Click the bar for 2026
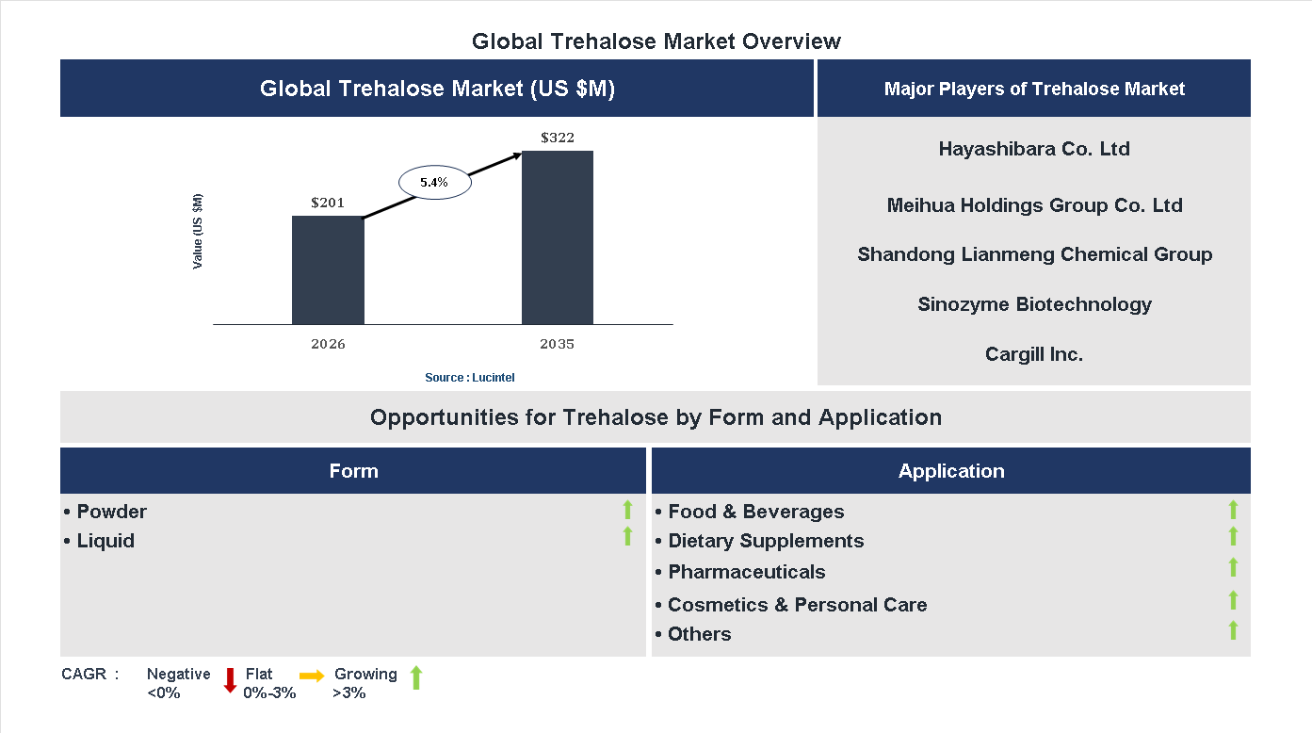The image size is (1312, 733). [328, 270]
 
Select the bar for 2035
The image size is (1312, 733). [558, 237]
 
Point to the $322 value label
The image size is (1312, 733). [558, 138]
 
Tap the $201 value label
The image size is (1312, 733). [328, 203]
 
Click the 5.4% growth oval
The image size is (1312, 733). [434, 183]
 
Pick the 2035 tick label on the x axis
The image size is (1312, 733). [557, 344]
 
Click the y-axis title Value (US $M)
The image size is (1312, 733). [198, 232]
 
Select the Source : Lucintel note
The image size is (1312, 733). [470, 378]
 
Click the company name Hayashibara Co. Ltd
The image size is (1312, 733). [1034, 149]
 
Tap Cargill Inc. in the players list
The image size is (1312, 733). [1034, 355]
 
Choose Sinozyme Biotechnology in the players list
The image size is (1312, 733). [1034, 304]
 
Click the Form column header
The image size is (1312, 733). [353, 471]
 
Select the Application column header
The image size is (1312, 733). [951, 471]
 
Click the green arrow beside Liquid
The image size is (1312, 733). [627, 537]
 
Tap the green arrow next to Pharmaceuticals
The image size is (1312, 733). [1233, 567]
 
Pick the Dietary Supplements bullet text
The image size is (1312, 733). [765, 541]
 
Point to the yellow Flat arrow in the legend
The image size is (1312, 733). [312, 676]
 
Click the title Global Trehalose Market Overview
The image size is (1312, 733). [656, 41]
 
